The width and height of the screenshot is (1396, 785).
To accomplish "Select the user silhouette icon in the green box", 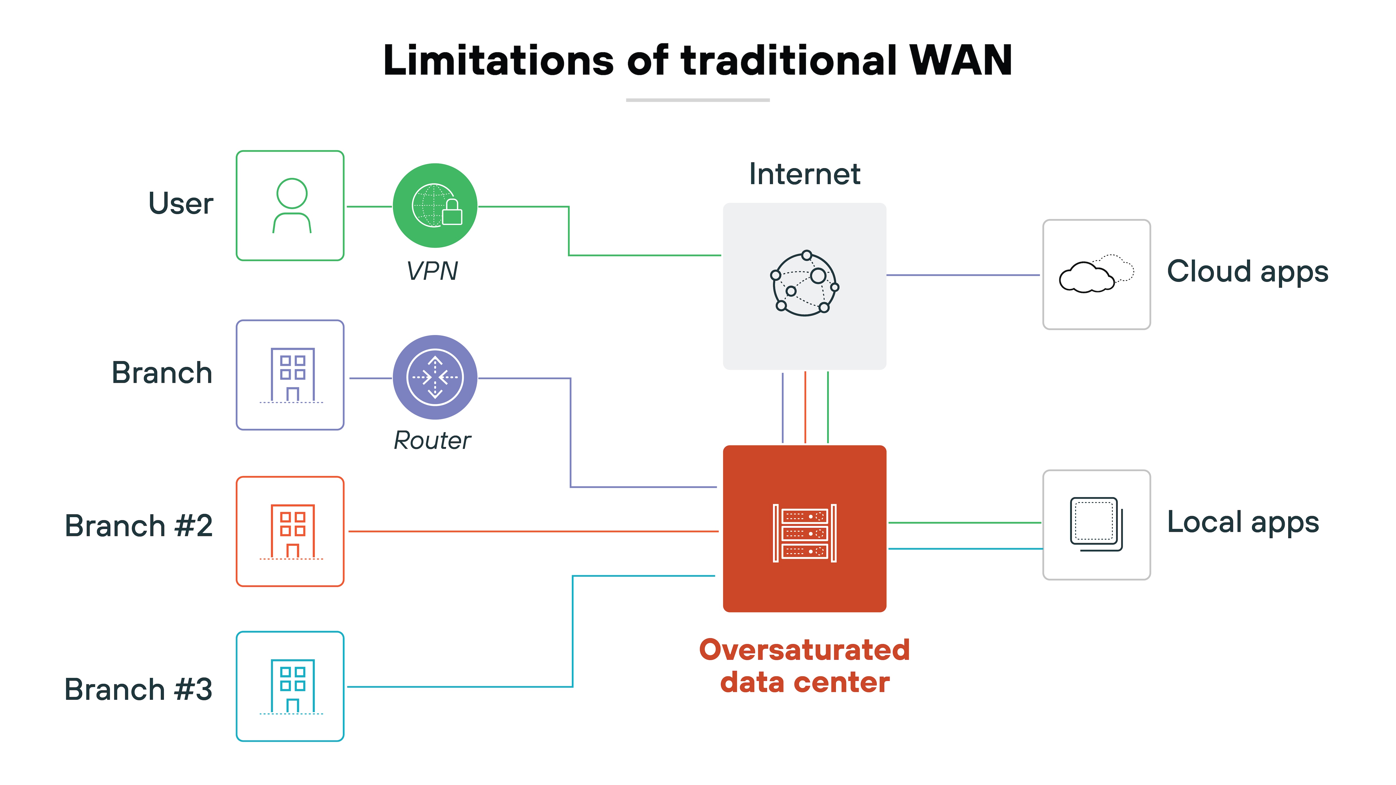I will pyautogui.click(x=291, y=206).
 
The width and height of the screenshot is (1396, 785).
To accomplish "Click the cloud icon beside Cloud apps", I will pyautogui.click(x=1096, y=274).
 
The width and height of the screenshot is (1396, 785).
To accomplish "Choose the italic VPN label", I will pyautogui.click(x=432, y=271).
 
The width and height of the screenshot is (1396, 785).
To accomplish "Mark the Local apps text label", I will pyautogui.click(x=1243, y=522).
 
